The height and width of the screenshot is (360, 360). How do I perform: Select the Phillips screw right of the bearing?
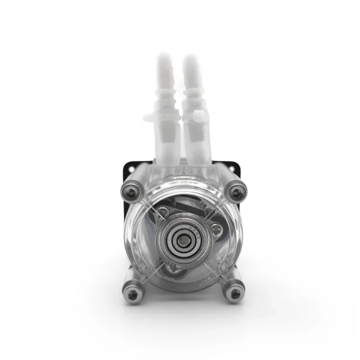pos(217,232)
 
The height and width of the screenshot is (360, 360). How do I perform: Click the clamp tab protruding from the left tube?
pos(148,118)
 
